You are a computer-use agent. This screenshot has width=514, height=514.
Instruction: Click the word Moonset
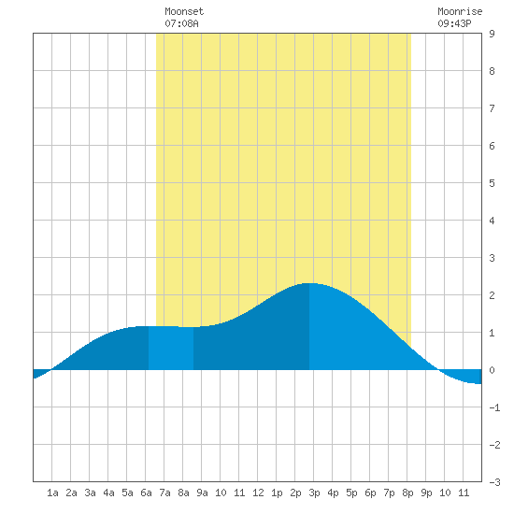[184, 11]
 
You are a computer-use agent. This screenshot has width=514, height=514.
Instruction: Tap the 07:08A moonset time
[181, 23]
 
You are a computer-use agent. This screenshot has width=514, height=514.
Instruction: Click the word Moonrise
[460, 11]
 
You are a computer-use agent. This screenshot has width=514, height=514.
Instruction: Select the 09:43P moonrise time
[454, 23]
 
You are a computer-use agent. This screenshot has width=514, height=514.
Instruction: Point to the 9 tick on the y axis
[492, 34]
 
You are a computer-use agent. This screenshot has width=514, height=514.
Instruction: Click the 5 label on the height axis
[492, 183]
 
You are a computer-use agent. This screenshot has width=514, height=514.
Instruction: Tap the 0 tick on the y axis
[492, 370]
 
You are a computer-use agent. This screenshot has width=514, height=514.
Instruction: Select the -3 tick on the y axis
[494, 482]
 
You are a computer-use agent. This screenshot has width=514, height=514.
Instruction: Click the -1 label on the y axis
[494, 407]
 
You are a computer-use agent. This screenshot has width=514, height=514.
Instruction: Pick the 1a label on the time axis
[52, 493]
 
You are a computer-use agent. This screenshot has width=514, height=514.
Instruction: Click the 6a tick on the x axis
[146, 493]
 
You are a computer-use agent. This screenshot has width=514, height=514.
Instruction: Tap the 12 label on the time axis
[258, 493]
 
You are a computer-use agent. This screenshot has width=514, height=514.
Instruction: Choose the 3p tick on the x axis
[314, 493]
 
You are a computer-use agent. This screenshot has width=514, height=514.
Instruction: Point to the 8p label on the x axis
[407, 493]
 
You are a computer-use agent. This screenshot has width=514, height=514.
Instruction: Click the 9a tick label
[202, 493]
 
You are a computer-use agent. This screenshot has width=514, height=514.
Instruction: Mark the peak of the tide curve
[309, 283]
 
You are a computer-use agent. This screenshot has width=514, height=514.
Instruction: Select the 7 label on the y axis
[492, 108]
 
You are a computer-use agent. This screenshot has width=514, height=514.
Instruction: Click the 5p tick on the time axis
[351, 493]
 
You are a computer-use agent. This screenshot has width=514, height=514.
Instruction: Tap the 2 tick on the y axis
[492, 295]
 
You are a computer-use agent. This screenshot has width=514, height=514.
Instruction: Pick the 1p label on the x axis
[277, 493]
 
